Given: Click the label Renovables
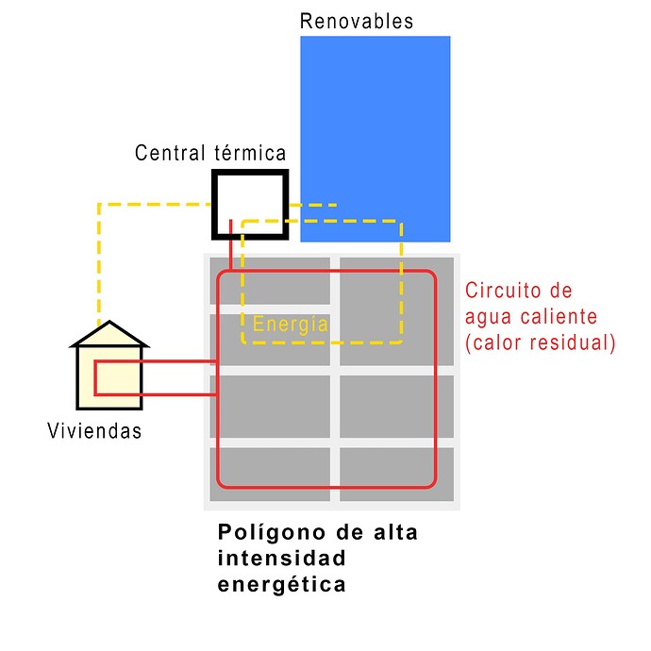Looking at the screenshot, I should [x=356, y=21].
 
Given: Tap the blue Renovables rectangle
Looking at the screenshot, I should [x=375, y=113].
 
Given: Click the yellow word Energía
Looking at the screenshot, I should [x=291, y=325].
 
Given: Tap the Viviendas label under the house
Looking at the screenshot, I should [x=94, y=431].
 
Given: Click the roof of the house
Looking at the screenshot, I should [x=110, y=334].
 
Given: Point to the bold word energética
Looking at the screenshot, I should [x=282, y=584].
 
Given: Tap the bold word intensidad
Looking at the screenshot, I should [x=282, y=559].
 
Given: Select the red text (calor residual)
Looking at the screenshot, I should [x=541, y=342].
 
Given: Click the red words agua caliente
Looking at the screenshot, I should [x=533, y=317].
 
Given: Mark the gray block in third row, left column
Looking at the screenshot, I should [x=269, y=407].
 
